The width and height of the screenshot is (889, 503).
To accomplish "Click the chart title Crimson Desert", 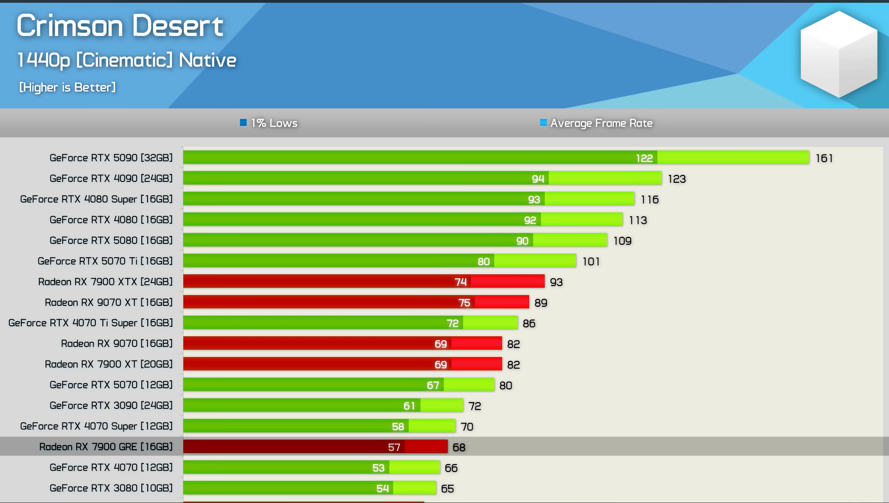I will tap(120, 25).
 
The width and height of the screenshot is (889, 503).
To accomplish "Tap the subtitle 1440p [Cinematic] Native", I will tap(126, 60).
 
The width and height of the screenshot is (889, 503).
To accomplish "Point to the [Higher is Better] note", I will tap(67, 87).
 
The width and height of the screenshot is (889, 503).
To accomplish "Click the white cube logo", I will tap(839, 54).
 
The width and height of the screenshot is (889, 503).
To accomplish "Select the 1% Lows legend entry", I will tap(269, 123).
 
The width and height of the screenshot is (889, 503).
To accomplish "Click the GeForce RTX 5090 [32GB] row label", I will tap(111, 158).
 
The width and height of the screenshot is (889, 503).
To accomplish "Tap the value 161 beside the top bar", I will tap(824, 158).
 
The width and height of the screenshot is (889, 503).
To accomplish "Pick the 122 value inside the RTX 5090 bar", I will tap(644, 158).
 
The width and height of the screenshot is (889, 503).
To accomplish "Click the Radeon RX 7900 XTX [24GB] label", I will tap(105, 282).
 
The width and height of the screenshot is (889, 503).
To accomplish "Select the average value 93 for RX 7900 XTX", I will tap(556, 282).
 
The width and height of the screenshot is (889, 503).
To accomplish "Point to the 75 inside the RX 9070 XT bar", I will tap(464, 303).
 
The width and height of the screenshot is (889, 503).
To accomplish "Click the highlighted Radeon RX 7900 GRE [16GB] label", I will tap(106, 447).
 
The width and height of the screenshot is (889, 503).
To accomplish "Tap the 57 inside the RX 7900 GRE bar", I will tap(394, 447).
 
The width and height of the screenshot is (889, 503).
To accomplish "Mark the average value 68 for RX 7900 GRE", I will tap(459, 447).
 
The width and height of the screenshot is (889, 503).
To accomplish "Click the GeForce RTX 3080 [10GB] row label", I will tap(111, 488).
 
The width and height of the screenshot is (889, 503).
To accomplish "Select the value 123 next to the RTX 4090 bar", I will tap(676, 179).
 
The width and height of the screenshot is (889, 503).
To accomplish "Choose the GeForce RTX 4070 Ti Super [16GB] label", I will tap(90, 323).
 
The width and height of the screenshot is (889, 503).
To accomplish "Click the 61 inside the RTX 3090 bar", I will tap(409, 406).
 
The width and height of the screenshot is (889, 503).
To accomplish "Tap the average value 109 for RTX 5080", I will tap(622, 241).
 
